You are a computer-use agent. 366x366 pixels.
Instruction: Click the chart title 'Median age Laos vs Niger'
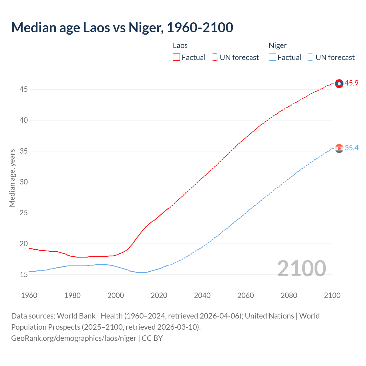point(122,27)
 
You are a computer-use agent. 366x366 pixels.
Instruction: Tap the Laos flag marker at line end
point(339,83)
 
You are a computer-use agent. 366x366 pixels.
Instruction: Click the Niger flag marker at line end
point(339,148)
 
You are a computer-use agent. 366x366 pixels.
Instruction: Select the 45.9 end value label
point(351,83)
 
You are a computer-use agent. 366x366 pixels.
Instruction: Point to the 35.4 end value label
point(351,148)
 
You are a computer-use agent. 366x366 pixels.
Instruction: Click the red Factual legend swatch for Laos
point(176,57)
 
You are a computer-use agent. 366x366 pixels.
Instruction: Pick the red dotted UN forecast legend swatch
point(214,57)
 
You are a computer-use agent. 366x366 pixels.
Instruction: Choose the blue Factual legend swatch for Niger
point(272,57)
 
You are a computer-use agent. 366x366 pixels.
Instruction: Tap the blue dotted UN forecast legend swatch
point(310,57)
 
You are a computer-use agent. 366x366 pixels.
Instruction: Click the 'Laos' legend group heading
point(180,45)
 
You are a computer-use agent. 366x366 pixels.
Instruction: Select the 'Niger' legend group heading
point(277,45)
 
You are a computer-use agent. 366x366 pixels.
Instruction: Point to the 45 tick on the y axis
point(23,89)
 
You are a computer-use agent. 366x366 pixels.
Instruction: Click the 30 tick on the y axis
point(23,182)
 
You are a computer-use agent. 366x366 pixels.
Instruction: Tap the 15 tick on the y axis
point(23,275)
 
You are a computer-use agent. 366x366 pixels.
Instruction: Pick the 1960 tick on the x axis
point(29,295)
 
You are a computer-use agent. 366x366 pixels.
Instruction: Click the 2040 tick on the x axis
point(202,295)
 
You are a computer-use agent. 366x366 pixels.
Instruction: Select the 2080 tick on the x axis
point(289,295)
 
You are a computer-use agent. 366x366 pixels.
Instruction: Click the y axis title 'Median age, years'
point(12,178)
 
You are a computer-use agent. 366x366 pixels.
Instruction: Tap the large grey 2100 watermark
point(301,268)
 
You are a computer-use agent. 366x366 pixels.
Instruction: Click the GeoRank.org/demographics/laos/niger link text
point(74,338)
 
